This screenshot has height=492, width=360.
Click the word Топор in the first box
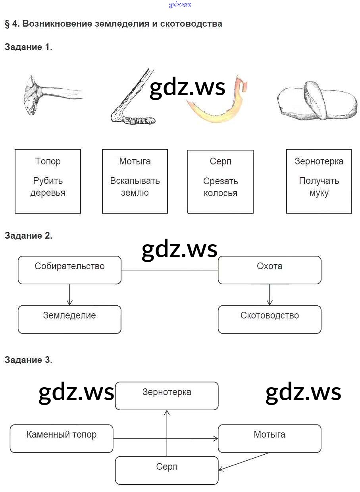click(x=48, y=161)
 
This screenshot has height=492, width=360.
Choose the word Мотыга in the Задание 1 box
click(x=135, y=161)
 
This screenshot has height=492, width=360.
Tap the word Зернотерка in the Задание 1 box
click(x=319, y=161)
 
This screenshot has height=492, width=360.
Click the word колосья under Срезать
click(x=220, y=193)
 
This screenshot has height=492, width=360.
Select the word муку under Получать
click(x=319, y=193)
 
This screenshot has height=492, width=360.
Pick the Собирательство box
click(x=69, y=270)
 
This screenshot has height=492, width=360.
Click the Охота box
click(x=270, y=270)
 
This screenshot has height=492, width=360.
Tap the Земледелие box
click(x=69, y=319)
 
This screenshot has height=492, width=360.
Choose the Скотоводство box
click(x=270, y=319)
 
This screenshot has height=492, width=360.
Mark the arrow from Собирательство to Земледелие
click(x=69, y=295)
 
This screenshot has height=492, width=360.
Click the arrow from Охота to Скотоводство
click(x=270, y=295)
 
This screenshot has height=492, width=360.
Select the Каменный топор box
click(x=62, y=438)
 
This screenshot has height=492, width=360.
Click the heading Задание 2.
click(x=28, y=235)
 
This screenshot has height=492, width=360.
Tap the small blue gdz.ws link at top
click(x=180, y=5)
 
